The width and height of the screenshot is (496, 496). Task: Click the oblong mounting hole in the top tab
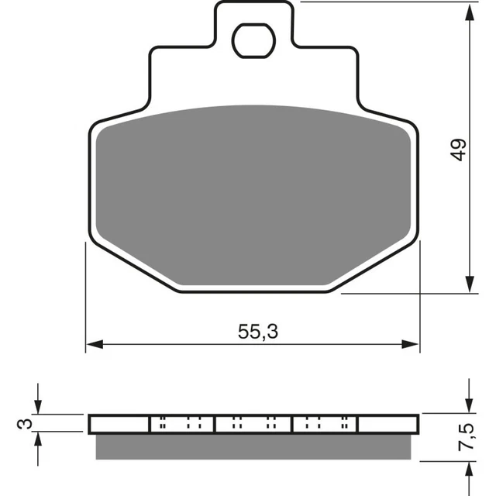(x=254, y=40)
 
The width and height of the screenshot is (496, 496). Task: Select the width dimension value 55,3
(x=258, y=332)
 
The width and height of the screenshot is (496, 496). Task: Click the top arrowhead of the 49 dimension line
(x=470, y=9)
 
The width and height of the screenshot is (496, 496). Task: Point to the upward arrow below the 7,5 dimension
(x=470, y=472)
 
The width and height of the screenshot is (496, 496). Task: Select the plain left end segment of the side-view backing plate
(x=119, y=424)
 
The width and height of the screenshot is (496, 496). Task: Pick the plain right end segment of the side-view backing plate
(x=388, y=424)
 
